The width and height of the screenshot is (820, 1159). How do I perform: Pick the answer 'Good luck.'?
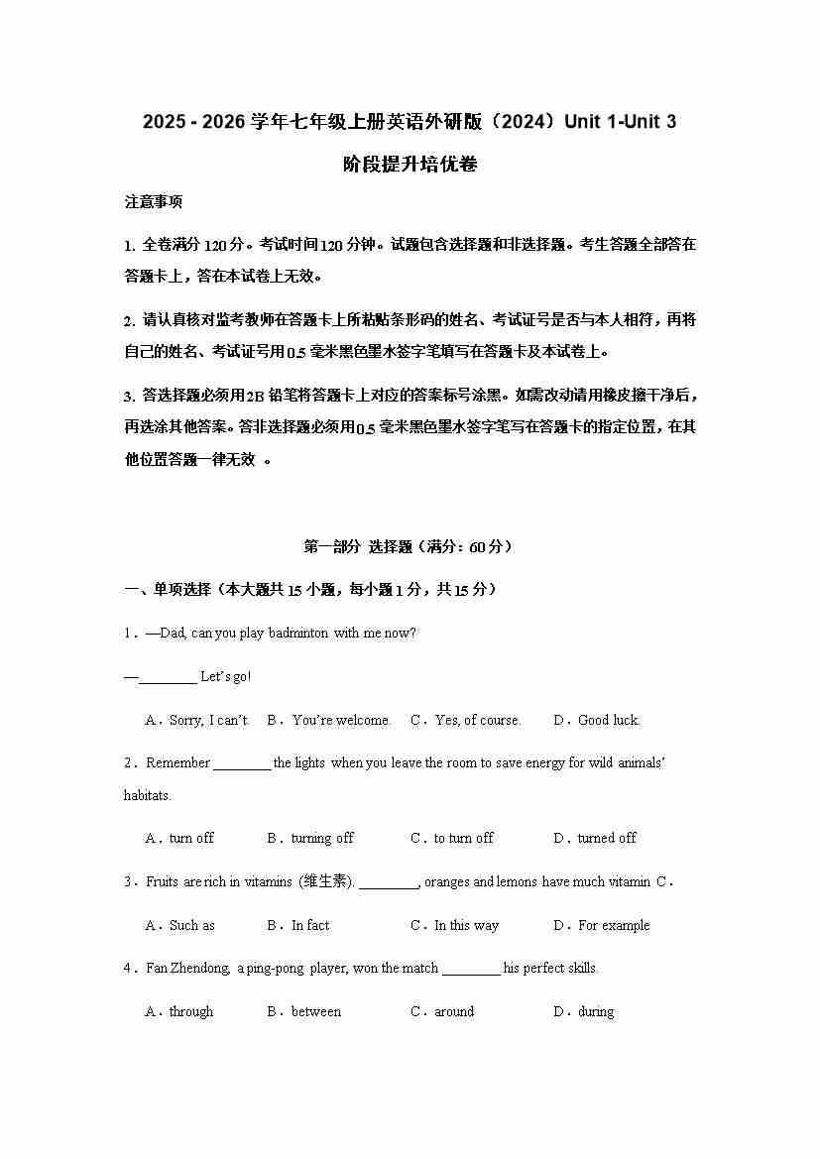tap(609, 721)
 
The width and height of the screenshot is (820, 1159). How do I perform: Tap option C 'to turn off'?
tap(463, 839)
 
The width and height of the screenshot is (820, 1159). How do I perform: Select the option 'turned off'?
tap(607, 839)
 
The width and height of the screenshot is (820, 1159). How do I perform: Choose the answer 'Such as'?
tap(192, 926)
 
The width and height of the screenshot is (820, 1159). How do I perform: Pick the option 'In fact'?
tap(310, 926)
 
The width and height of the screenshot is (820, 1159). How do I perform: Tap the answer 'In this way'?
tap(466, 926)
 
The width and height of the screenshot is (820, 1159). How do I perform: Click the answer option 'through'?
tap(191, 1012)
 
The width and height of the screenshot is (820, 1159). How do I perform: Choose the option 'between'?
tap(316, 1012)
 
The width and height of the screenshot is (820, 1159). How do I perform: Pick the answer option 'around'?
tap(454, 1012)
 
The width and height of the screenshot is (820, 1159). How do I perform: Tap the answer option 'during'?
tap(596, 1012)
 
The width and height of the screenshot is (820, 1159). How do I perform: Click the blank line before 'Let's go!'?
tap(168, 677)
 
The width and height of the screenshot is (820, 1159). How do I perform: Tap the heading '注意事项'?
tap(154, 202)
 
